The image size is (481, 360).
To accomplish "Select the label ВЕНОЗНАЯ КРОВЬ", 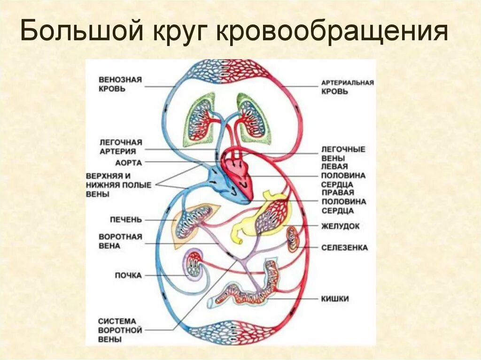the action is [x=120, y=84].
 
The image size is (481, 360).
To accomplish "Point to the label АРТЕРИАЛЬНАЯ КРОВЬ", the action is [x=348, y=87].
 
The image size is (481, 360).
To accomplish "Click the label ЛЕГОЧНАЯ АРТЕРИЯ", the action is [x=121, y=146].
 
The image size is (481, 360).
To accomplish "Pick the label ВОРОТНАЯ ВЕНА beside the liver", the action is [x=120, y=241].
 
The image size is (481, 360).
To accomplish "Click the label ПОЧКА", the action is [x=128, y=275].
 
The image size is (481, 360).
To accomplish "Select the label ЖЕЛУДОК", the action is [x=341, y=226].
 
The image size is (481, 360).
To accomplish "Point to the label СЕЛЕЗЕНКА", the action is [x=344, y=247].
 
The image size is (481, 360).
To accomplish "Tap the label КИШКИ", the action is [x=335, y=299].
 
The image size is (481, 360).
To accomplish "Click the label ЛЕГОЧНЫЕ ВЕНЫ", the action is [x=343, y=153].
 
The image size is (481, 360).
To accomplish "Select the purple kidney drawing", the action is [x=193, y=266].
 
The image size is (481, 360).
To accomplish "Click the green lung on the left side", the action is [x=199, y=120].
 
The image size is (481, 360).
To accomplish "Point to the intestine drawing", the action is [x=249, y=293].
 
